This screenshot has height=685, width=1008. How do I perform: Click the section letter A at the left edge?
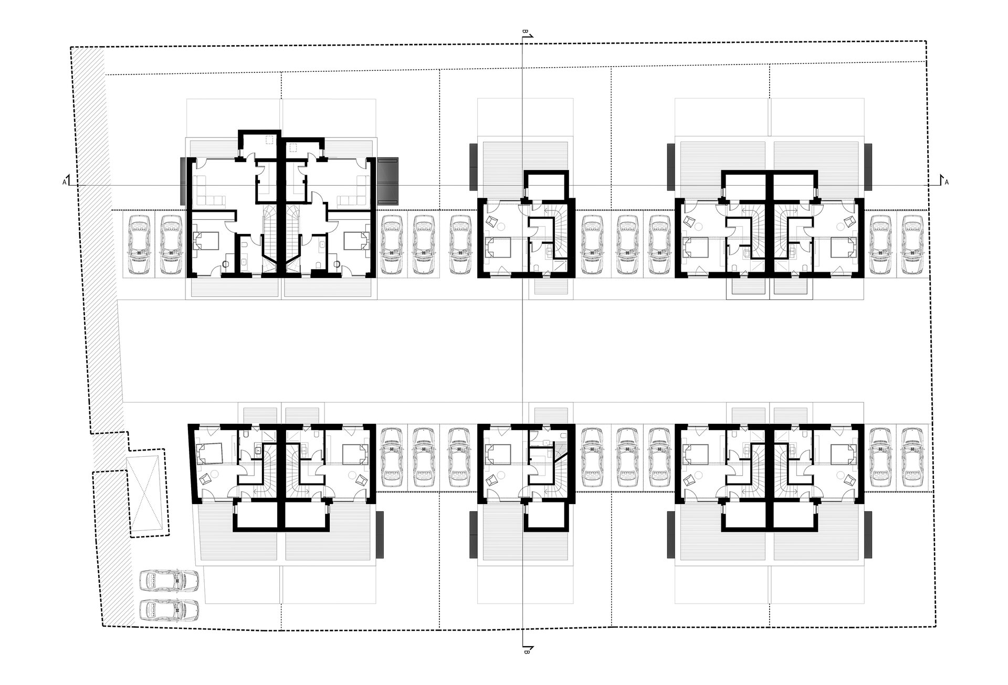64,182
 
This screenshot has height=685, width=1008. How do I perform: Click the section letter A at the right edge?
947,183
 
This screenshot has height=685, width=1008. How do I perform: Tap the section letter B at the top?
524,32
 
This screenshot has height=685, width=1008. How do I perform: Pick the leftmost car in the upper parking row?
139,244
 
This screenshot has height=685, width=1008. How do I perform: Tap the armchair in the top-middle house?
491,221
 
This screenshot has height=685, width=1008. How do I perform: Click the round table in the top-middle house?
502,226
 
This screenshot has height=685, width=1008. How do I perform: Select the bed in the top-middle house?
497,248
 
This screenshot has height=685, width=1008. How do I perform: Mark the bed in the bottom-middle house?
497,454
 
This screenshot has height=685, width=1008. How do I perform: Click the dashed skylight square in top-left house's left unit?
270,140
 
